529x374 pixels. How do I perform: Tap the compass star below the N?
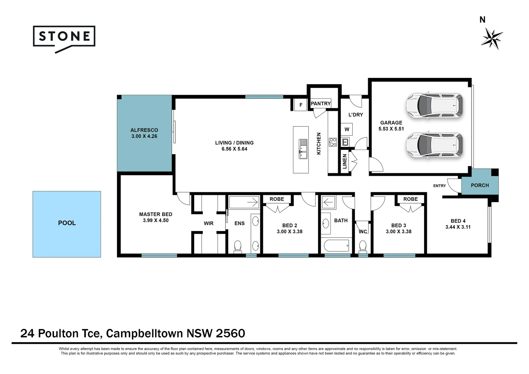(x=492, y=39)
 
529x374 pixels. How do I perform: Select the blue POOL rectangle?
(x=67, y=224)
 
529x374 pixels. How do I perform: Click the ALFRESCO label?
(x=144, y=130)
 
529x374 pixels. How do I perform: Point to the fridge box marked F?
(x=301, y=105)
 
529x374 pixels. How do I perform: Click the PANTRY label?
(x=320, y=104)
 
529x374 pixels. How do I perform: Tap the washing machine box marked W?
(x=347, y=129)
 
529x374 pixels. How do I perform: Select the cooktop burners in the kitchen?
(x=333, y=142)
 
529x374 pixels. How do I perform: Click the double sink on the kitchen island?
(x=303, y=149)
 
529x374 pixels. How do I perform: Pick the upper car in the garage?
(x=434, y=105)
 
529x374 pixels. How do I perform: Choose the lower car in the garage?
(x=434, y=145)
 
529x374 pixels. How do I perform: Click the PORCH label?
(x=480, y=185)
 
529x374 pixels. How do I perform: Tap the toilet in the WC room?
(x=363, y=246)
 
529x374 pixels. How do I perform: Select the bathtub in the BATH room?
(x=337, y=246)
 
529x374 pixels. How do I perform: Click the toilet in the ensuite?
(x=238, y=246)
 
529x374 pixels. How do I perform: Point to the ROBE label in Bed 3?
(x=410, y=199)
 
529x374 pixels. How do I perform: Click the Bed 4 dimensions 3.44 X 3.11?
(x=458, y=227)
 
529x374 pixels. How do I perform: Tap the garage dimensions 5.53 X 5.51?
(x=391, y=129)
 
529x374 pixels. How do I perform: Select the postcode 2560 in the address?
(x=230, y=333)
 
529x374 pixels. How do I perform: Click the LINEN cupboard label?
(x=345, y=161)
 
